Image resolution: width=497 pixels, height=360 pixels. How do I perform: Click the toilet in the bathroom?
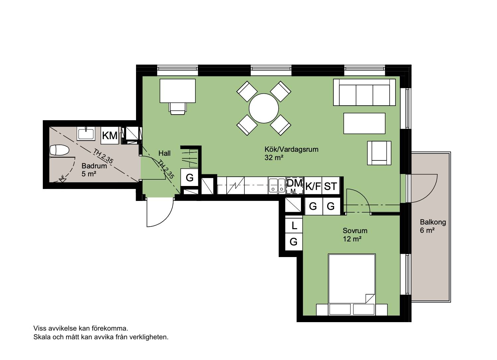click(59, 150)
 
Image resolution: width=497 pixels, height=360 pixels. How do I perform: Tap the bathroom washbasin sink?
click(86, 134)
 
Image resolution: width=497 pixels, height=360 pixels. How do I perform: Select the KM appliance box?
click(109, 135)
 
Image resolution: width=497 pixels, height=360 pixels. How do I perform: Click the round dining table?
click(263, 108)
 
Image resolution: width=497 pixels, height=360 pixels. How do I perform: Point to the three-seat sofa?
click(364, 92)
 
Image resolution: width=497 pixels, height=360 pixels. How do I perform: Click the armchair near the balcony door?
click(379, 153)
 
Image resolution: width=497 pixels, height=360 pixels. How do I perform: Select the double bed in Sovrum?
click(352, 285)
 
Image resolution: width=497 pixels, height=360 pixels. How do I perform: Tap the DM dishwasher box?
click(295, 185)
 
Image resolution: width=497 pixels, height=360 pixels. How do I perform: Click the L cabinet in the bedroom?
click(294, 225)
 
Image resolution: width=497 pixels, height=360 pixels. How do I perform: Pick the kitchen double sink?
click(277, 185)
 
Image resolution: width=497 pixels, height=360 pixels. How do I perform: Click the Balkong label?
click(433, 222)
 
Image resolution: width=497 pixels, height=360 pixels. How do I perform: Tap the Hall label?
click(165, 153)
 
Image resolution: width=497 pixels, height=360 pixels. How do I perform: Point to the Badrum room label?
click(94, 166)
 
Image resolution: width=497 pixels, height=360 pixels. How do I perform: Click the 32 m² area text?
click(274, 157)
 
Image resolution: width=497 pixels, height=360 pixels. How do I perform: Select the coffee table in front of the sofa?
click(364, 123)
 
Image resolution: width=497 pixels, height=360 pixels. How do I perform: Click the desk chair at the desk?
click(177, 108)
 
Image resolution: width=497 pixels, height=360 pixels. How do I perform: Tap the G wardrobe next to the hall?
click(189, 177)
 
